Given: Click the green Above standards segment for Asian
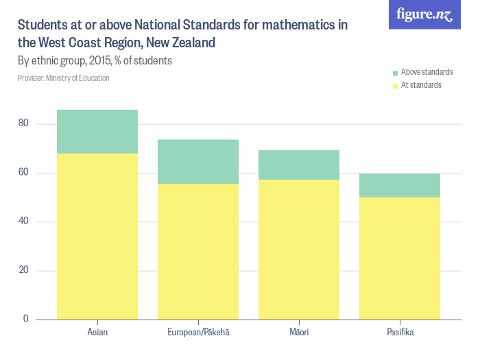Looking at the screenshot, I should pyautogui.click(x=97, y=132).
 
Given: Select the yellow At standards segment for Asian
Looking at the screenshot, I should pyautogui.click(x=97, y=236).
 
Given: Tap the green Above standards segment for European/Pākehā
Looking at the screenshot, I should pyautogui.click(x=198, y=162).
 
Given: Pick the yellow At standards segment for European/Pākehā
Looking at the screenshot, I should pyautogui.click(x=198, y=251).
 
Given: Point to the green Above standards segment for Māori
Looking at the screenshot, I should pyautogui.click(x=299, y=165).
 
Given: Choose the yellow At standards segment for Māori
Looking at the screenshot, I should pyautogui.click(x=299, y=249).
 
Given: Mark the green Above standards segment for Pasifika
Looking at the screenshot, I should pyautogui.click(x=400, y=185).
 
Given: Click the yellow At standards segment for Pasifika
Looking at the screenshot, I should pyautogui.click(x=400, y=258).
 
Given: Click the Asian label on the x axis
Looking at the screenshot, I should pyautogui.click(x=97, y=333).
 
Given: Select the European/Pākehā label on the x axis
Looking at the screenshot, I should pyautogui.click(x=198, y=333).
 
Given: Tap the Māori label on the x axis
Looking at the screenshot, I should pyautogui.click(x=299, y=333).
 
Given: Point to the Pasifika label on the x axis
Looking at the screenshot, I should pyautogui.click(x=400, y=333).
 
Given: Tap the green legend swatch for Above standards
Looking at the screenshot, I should pyautogui.click(x=395, y=73).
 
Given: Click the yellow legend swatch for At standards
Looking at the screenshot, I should pyautogui.click(x=395, y=86).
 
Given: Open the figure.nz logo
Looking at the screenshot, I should pyautogui.click(x=424, y=14).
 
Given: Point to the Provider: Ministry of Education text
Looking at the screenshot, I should pyautogui.click(x=64, y=78).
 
